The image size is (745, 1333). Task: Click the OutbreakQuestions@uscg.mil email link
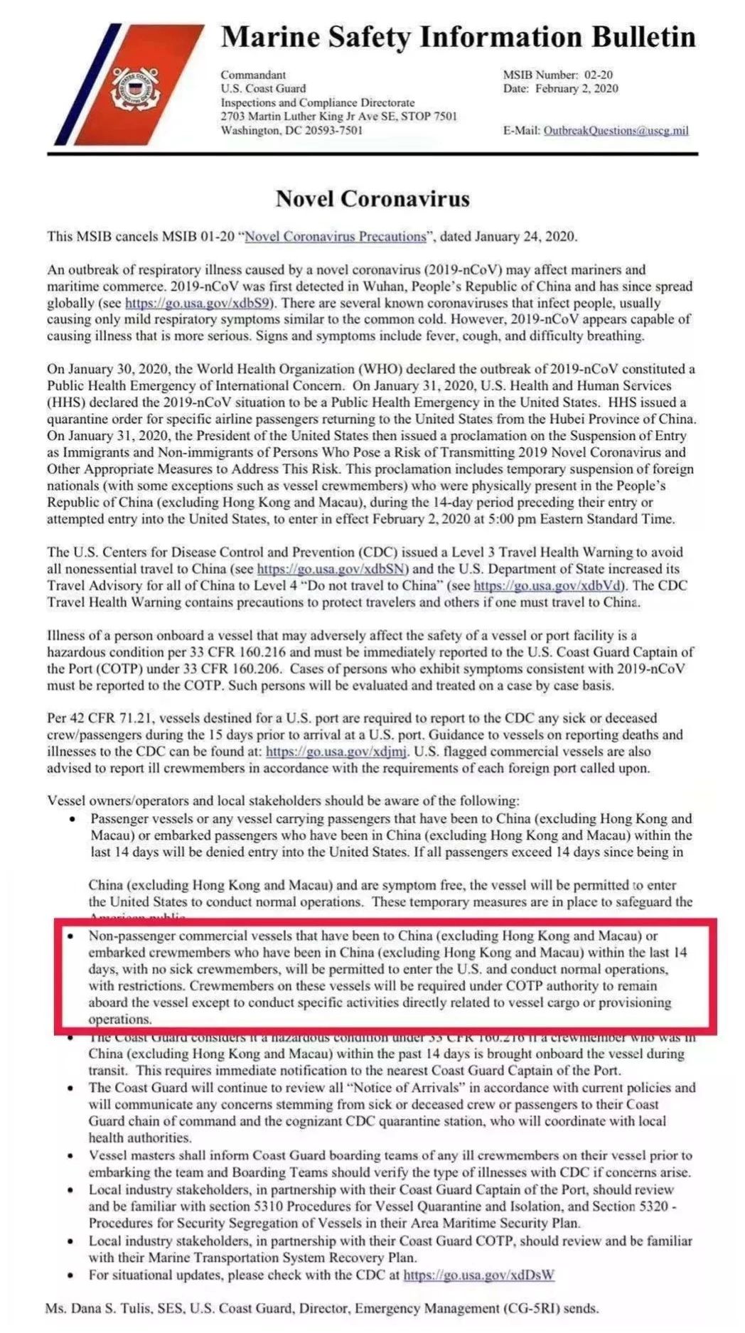tap(616, 131)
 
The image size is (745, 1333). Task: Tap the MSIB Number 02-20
tap(598, 75)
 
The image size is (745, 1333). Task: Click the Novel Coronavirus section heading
tap(372, 198)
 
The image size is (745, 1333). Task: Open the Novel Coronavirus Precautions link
tap(336, 237)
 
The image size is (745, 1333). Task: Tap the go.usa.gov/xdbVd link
tap(549, 586)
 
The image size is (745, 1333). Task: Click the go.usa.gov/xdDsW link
tap(478, 1275)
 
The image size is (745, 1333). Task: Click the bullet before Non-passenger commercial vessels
tap(71, 936)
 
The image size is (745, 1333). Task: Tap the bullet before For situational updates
tap(71, 1275)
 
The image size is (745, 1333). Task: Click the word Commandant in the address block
tap(253, 75)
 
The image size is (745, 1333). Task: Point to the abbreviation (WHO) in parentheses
tap(379, 369)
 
